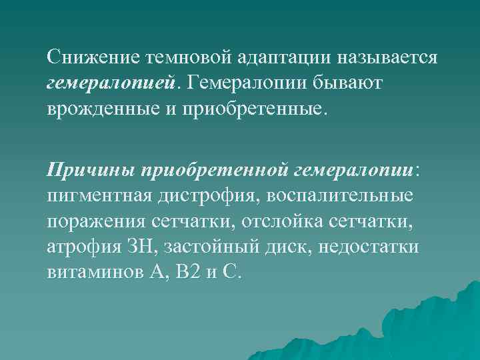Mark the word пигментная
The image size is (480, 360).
coord(100,196)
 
